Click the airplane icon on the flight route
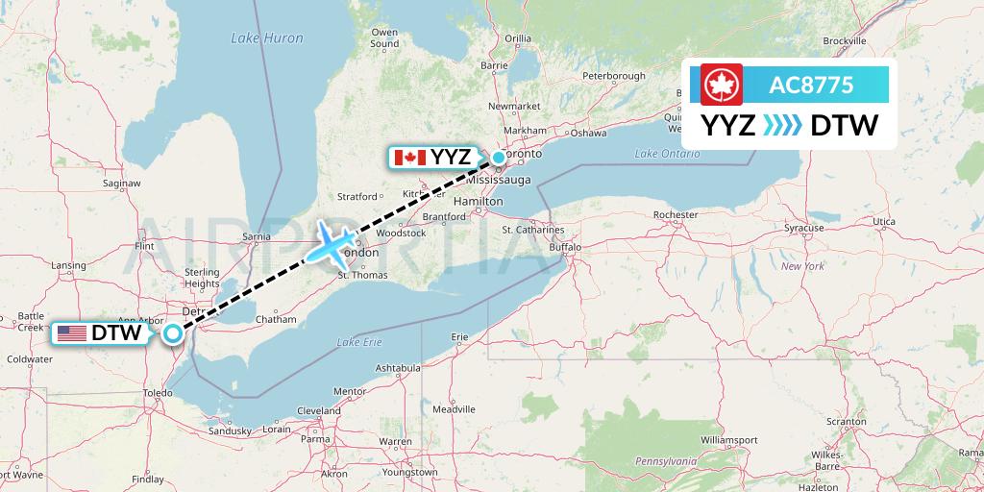coord(332,246)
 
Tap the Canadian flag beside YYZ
coord(410,157)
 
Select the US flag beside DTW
coord(71,333)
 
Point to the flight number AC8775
coord(811,85)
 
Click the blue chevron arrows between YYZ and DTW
coord(782,125)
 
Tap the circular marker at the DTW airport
coord(172,333)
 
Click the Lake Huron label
coord(266,38)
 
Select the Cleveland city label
coord(319,410)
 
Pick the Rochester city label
coord(675,214)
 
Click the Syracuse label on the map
coord(803,228)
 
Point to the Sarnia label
coord(257,234)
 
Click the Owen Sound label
coord(383,37)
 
